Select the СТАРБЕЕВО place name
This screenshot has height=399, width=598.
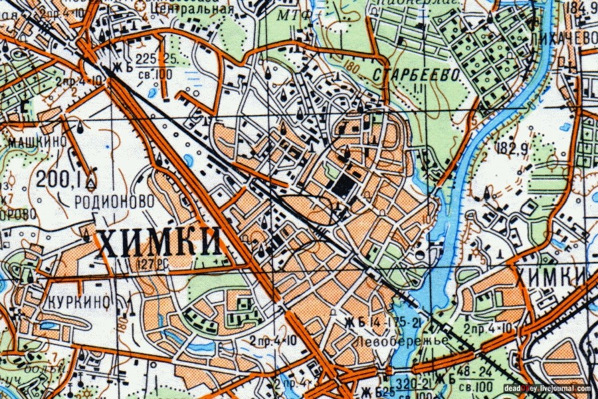(x=417, y=75)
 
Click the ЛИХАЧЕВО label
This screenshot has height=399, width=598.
(x=564, y=39)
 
